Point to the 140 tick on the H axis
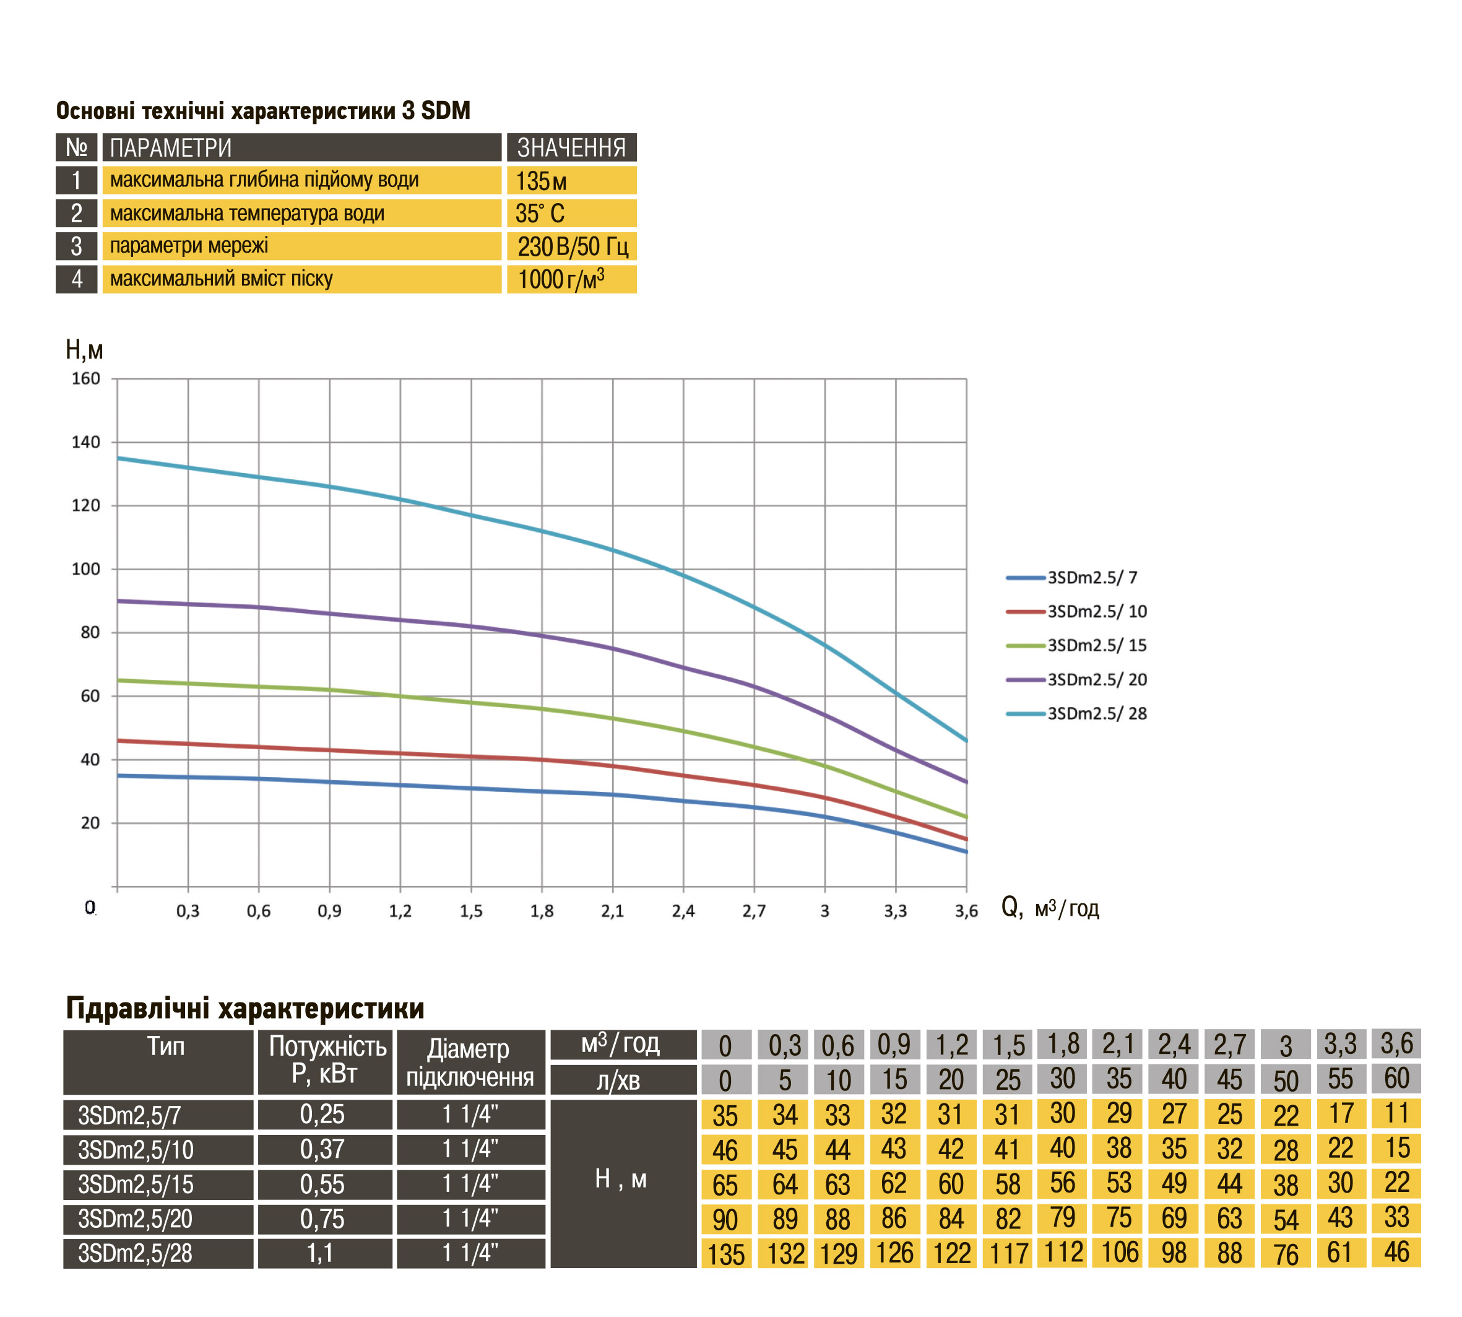86,442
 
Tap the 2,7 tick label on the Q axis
754,911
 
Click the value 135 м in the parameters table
571,180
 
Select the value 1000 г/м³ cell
571,279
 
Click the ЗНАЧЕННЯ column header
571,147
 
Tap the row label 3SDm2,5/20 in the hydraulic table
158,1219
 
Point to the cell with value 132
784,1253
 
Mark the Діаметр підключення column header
470,1063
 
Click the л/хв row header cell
623,1080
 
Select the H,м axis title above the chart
84,350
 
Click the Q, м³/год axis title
1050,908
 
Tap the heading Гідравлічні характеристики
245,1008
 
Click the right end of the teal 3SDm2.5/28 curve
966,741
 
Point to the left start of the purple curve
119,601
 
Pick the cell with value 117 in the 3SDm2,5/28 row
1008,1253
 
